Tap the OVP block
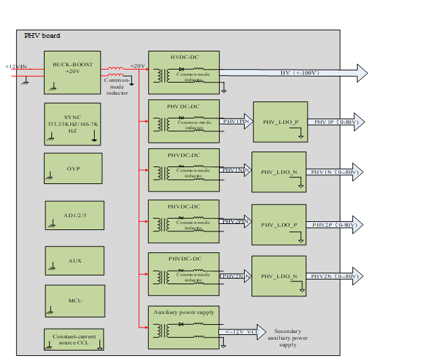(73, 168)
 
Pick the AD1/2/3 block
(74, 216)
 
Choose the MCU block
(74, 300)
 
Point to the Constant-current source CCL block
(74, 339)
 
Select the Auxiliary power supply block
(183, 327)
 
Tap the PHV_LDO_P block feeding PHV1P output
(279, 122)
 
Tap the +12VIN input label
(16, 66)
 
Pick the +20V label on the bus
(137, 66)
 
